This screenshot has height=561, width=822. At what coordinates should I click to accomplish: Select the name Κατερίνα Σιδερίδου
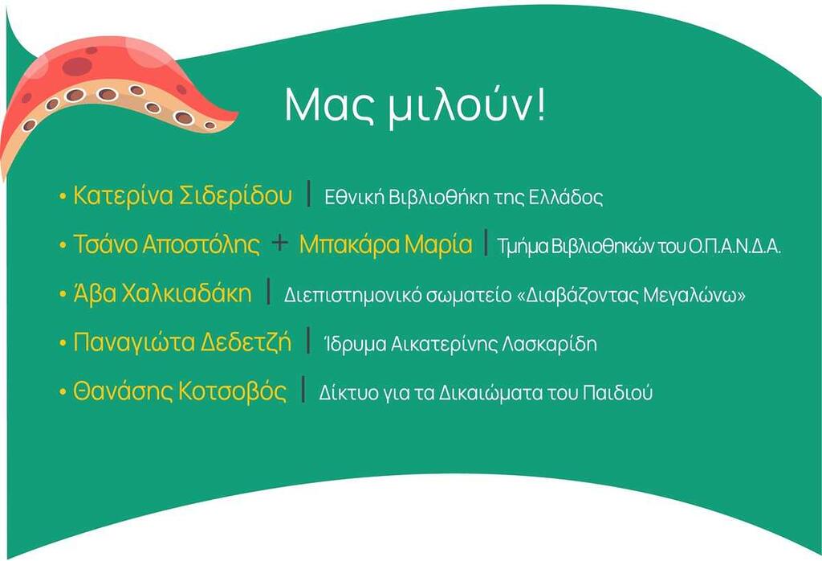tap(182, 195)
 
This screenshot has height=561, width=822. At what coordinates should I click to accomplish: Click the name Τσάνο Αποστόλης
tap(166, 244)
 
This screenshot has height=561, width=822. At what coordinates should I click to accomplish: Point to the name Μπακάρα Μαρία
tap(386, 244)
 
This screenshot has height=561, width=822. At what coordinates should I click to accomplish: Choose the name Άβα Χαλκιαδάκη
tap(162, 293)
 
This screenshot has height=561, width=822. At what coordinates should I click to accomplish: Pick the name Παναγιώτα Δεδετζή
tap(182, 342)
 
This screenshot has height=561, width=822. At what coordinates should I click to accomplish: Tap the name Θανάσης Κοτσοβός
tap(180, 391)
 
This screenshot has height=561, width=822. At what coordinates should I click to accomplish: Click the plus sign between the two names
tap(280, 244)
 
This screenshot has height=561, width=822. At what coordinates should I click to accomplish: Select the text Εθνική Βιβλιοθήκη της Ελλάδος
tap(463, 198)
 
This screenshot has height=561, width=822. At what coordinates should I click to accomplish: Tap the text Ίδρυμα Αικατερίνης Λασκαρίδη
tap(460, 344)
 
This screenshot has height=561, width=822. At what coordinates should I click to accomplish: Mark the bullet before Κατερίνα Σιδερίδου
tap(63, 197)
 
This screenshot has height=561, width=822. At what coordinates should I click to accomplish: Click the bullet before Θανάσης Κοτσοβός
tap(63, 392)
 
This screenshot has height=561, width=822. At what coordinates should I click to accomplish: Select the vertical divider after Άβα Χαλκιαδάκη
tap(268, 291)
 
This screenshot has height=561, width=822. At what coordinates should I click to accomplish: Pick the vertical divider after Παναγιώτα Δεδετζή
tap(308, 340)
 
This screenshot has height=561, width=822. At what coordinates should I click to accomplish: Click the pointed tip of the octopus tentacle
tap(237, 114)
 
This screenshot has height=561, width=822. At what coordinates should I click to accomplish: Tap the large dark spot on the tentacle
tap(77, 66)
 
